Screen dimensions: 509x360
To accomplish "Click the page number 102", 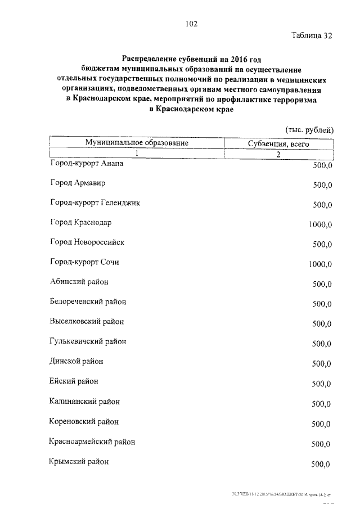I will pyautogui.click(x=191, y=24).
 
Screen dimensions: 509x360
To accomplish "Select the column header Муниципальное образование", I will pyautogui.click(x=136, y=143).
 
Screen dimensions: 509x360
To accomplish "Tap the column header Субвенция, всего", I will pyautogui.click(x=278, y=144).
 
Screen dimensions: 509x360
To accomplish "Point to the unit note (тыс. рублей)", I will pyautogui.click(x=309, y=129).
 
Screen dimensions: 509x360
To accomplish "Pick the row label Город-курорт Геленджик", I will pyautogui.click(x=94, y=203).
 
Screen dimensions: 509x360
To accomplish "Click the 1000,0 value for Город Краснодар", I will pyautogui.click(x=321, y=224).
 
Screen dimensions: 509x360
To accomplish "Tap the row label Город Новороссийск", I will pyautogui.click(x=87, y=242).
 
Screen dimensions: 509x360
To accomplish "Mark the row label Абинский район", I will pyautogui.click(x=79, y=282).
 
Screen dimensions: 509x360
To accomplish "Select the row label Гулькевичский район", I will pyautogui.click(x=88, y=341).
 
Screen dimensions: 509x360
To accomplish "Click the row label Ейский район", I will pyautogui.click(x=74, y=381).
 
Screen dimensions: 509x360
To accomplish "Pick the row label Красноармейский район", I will pyautogui.click(x=92, y=442).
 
